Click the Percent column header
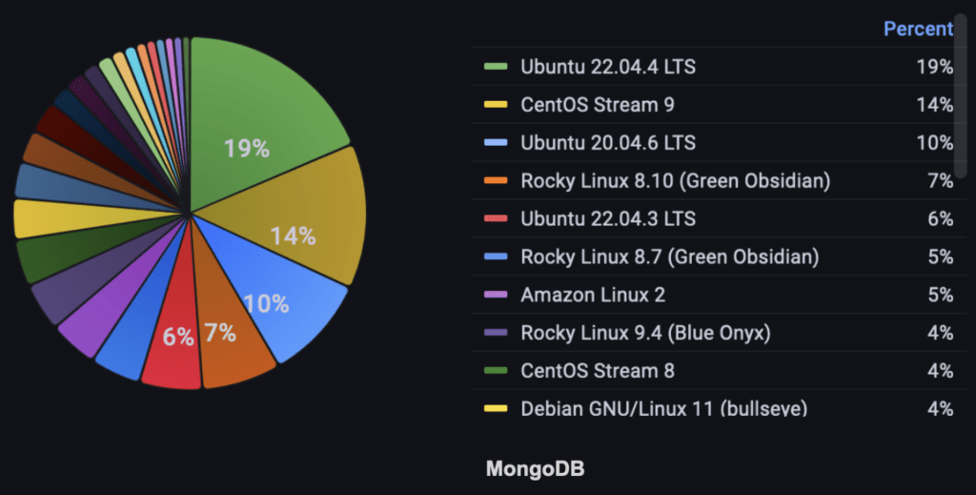tap(918, 29)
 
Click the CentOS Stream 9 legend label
tap(597, 105)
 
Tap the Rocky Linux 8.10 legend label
tap(675, 181)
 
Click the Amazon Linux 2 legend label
tap(592, 295)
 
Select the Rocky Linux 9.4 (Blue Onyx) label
tap(645, 333)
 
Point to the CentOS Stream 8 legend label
tap(597, 371)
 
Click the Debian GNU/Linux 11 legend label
tap(663, 408)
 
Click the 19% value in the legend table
tap(934, 67)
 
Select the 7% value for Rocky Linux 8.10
tap(940, 181)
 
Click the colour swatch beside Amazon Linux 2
tap(496, 295)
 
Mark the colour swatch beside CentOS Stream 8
tap(496, 371)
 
